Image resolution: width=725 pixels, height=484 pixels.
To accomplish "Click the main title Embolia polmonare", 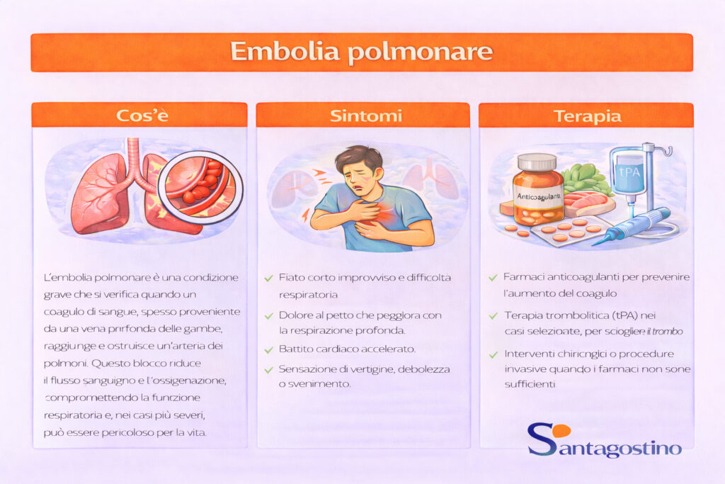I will click(361, 52).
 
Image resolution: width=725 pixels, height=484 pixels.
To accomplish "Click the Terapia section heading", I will click(588, 116).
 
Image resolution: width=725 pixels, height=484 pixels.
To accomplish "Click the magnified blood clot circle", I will click(200, 186).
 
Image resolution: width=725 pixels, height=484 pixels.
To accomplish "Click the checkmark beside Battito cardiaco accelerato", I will click(268, 350).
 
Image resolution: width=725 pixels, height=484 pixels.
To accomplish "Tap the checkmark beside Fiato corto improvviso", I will click(268, 278).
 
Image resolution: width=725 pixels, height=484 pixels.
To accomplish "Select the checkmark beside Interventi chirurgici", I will click(493, 354).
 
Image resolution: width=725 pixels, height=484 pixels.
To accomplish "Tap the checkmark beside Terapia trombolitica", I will click(493, 315).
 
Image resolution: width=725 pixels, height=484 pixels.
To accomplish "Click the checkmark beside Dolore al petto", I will click(268, 315).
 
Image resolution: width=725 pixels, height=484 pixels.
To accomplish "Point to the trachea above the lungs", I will click(133, 159).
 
